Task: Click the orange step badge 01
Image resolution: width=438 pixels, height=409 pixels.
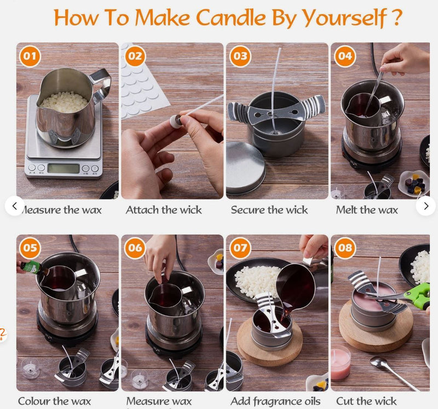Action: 31,56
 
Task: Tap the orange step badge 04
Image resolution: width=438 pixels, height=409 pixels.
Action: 345,56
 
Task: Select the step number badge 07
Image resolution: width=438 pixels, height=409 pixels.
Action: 240,248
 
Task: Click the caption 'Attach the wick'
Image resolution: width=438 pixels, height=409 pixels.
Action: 164,210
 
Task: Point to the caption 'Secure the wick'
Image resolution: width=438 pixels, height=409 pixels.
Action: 269,210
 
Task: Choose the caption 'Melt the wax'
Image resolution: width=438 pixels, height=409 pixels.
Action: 367,210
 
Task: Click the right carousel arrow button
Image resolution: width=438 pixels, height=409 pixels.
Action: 425,206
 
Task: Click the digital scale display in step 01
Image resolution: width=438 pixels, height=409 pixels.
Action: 63,168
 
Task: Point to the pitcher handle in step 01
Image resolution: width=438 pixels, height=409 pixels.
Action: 101,85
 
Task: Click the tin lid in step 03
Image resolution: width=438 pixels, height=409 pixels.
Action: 245,167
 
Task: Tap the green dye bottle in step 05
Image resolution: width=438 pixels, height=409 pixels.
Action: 32,268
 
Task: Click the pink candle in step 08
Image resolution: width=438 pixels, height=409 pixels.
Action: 341,362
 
